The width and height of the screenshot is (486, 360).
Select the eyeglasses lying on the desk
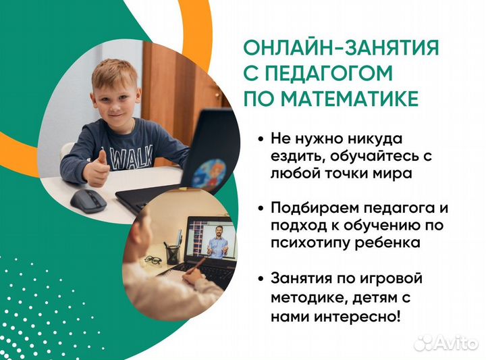pos(153,260)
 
